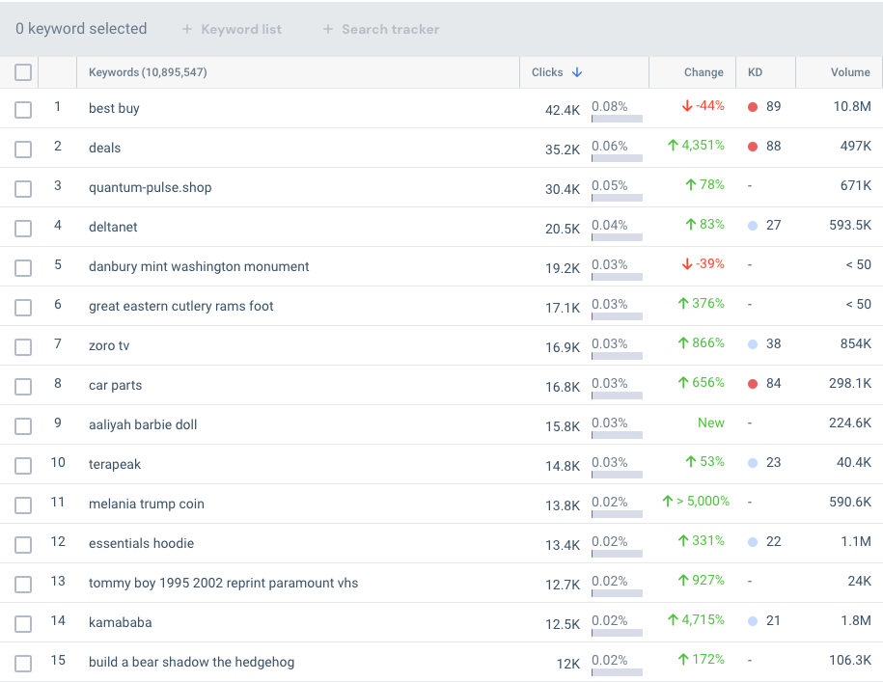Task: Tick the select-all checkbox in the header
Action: (x=23, y=72)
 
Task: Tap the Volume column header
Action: (x=849, y=72)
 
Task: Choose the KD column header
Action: (x=755, y=72)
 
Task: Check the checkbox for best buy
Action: (x=23, y=109)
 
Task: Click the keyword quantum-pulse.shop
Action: (x=150, y=187)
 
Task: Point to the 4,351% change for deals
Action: (x=696, y=146)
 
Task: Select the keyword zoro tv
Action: (x=109, y=345)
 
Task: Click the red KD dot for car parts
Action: (x=753, y=384)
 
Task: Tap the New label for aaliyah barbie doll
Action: (x=710, y=423)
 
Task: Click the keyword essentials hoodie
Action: (x=141, y=543)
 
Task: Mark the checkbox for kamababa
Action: (x=23, y=623)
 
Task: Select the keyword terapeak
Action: (x=115, y=464)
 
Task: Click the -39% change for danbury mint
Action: (x=703, y=264)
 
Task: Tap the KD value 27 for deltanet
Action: (x=773, y=226)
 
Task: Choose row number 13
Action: (x=58, y=582)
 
